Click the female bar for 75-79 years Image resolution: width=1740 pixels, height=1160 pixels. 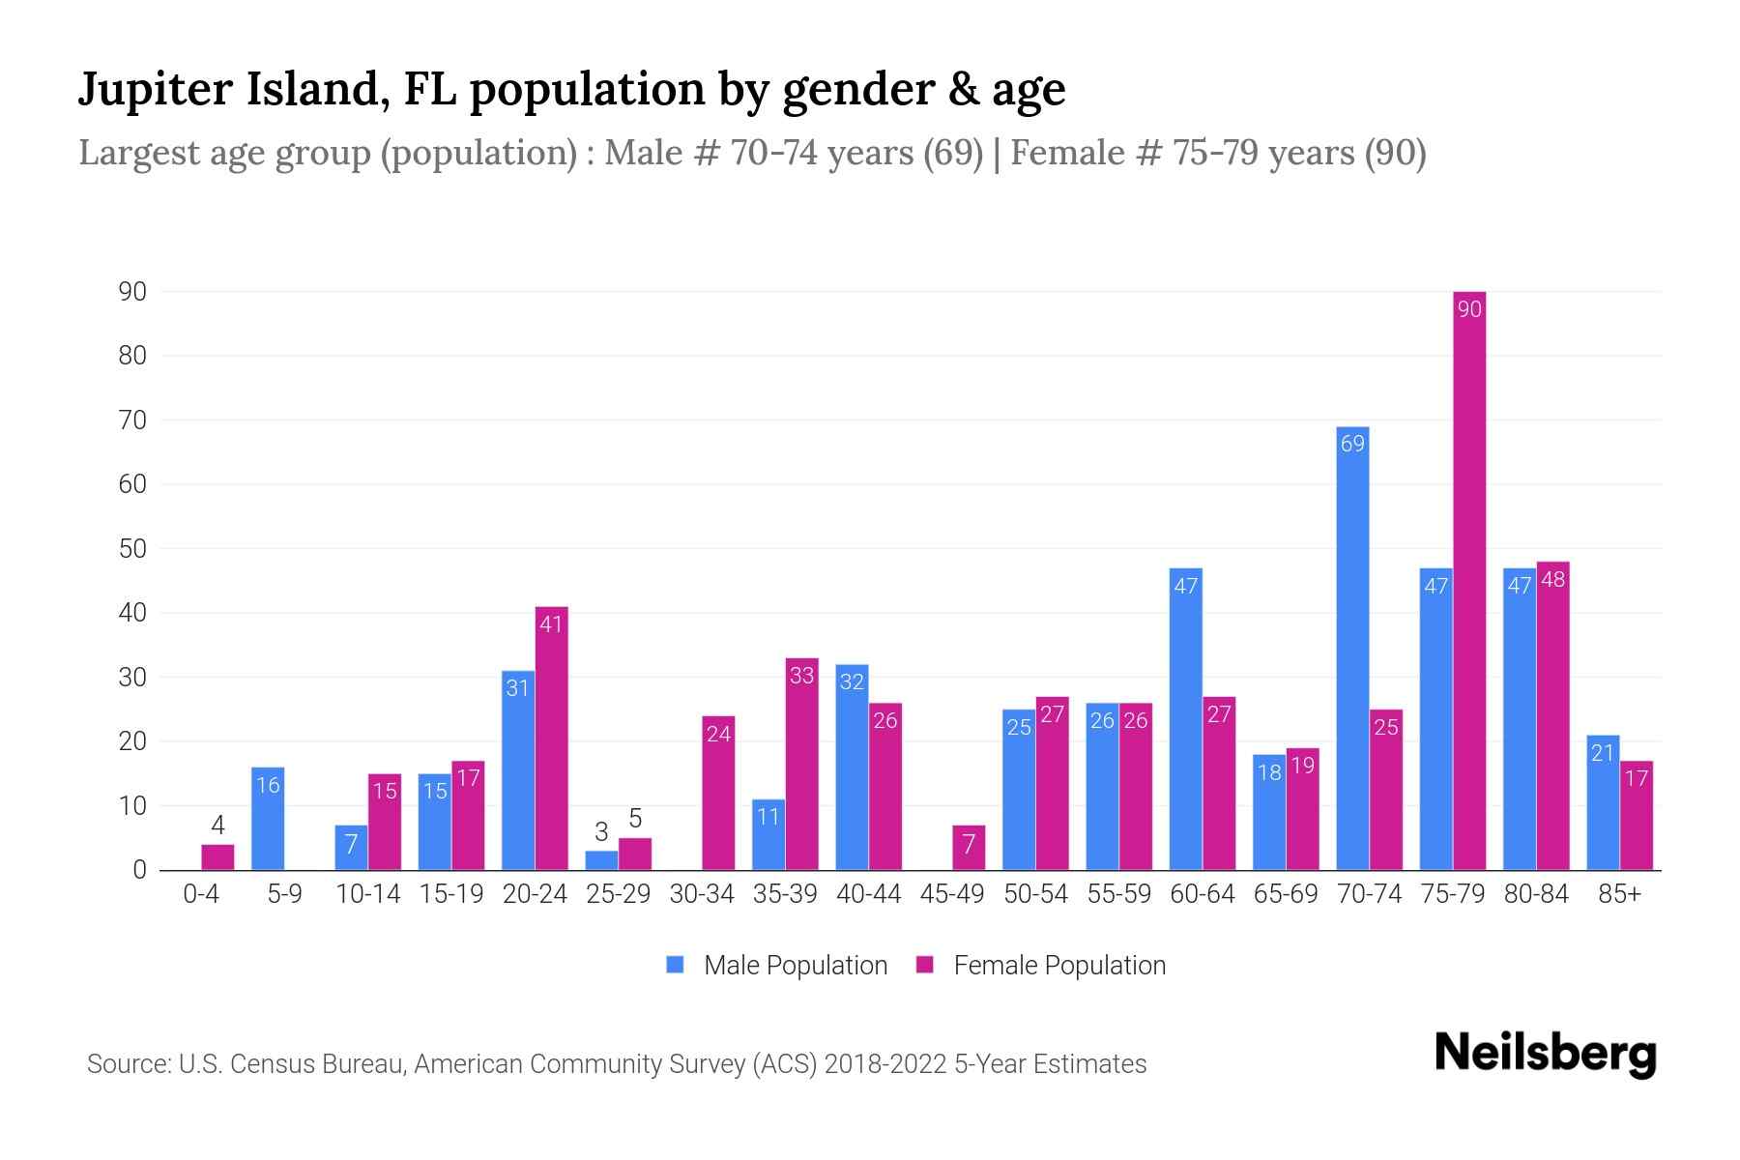tap(1469, 580)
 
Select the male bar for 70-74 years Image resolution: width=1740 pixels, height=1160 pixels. tap(1352, 648)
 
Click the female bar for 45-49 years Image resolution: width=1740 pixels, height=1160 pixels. tap(969, 848)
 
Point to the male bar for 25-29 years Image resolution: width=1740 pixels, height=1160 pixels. tap(601, 860)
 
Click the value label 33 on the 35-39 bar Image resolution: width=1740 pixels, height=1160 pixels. tap(802, 676)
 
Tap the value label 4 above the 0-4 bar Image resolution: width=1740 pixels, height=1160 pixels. tap(217, 826)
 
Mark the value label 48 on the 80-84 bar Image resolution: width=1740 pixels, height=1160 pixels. tap(1552, 579)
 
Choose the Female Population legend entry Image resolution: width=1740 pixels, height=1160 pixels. tap(1041, 965)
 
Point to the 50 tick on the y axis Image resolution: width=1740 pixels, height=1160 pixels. tap(132, 549)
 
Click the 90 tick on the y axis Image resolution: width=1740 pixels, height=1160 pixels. tap(132, 292)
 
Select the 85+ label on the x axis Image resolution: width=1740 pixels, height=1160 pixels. tap(1619, 894)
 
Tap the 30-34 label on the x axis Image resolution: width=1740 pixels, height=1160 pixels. tap(702, 894)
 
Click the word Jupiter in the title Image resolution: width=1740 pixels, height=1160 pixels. tap(156, 90)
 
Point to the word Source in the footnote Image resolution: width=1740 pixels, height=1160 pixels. tap(128, 1064)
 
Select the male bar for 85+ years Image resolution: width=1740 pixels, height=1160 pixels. tap(1603, 802)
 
